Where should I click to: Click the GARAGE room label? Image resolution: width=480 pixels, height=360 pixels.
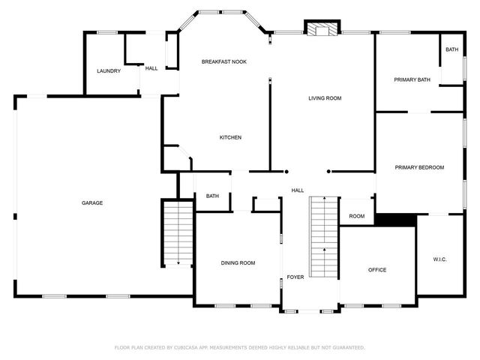pos(93,203)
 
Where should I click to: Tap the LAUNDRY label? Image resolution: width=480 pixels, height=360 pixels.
pos(109,71)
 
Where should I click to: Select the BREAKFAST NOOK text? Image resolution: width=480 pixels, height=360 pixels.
pos(224,61)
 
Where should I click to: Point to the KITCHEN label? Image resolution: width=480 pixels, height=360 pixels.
pos(230,137)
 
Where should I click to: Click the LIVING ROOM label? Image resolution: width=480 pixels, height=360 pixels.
pos(325,98)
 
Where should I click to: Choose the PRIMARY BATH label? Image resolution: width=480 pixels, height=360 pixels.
pos(412,79)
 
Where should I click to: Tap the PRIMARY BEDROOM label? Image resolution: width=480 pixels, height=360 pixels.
pos(420,167)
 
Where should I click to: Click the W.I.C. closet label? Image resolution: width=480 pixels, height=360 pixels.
pos(440,259)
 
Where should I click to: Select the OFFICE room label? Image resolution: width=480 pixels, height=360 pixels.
pos(377,270)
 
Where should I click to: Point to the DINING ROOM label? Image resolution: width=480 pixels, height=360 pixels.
pos(238,262)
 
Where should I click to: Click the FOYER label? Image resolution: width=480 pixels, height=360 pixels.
pos(295,277)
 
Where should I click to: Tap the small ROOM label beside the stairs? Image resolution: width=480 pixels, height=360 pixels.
pos(357,216)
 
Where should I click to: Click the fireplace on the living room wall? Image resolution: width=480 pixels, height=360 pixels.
pos(322,28)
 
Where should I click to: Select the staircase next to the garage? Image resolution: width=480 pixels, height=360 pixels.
pos(178,232)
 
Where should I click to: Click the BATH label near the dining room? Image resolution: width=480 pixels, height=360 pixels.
pos(213,196)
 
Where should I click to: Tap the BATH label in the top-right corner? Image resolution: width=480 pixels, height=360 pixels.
pos(451,49)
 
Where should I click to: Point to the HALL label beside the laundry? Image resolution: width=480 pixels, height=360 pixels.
pos(151,68)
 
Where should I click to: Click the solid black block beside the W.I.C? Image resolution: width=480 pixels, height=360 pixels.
pos(395,219)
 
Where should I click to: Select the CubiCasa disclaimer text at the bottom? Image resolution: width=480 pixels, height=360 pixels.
pos(239,347)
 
